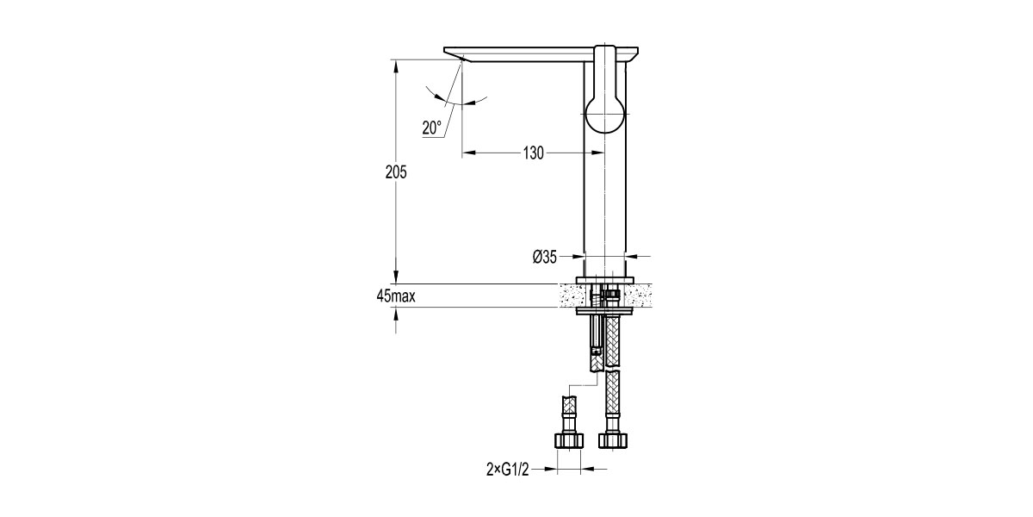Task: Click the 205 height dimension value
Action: tap(396, 171)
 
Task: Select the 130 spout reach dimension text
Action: tap(533, 153)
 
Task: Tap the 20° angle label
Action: tap(431, 128)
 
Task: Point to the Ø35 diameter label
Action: tap(545, 256)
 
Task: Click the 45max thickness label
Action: tap(396, 296)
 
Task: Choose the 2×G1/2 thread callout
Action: tap(506, 470)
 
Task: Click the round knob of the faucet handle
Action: tap(606, 113)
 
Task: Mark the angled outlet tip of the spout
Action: tap(456, 56)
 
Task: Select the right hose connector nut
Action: tap(612, 440)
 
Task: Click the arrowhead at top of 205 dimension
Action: tap(396, 65)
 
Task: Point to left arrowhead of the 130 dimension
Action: tap(469, 153)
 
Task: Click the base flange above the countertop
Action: tap(606, 280)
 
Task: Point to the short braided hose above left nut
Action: tap(568, 406)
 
